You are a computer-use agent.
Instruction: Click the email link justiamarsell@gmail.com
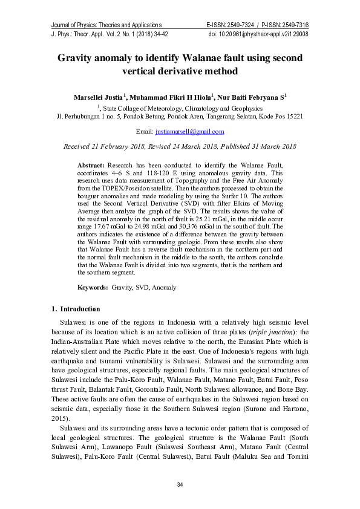click(x=189, y=131)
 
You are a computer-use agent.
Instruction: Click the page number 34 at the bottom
click(x=180, y=485)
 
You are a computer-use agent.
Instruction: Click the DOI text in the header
click(x=258, y=34)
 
